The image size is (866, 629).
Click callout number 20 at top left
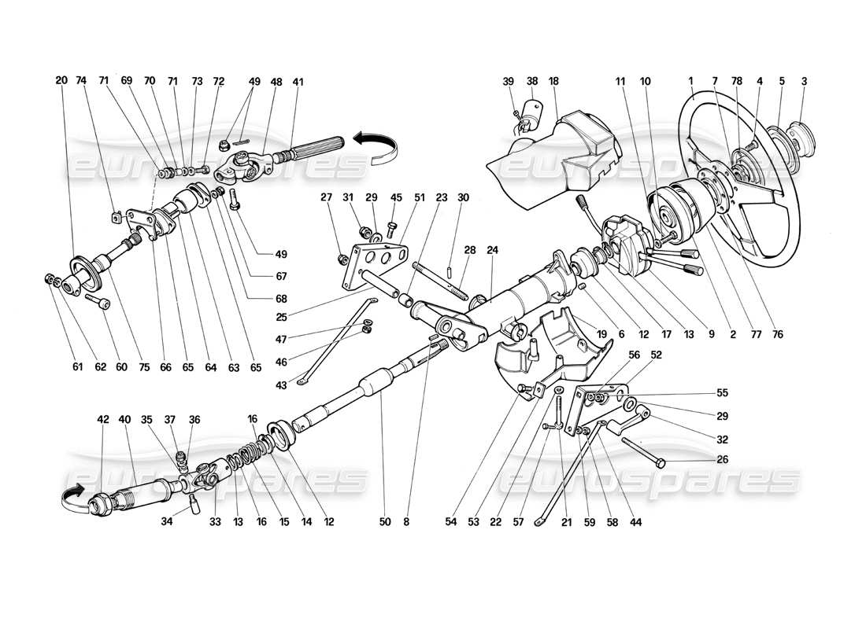click(61, 80)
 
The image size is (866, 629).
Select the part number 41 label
click(298, 80)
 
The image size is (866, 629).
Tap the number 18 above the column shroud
click(554, 80)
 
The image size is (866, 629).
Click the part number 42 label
click(104, 420)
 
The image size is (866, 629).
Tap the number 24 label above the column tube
click(493, 251)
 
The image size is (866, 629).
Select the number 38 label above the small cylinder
click(532, 80)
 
